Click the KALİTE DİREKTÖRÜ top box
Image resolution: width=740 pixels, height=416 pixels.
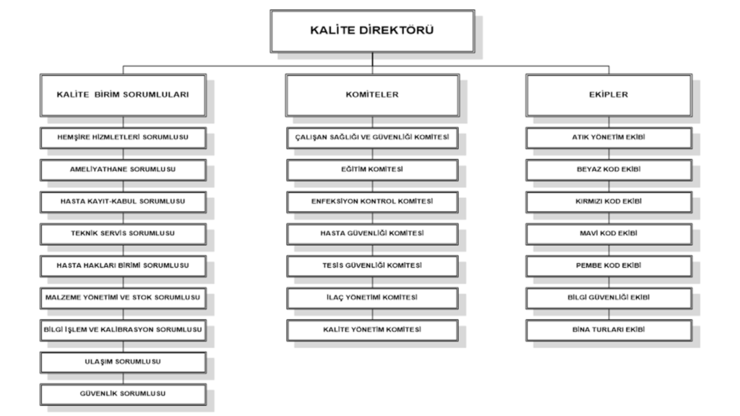click(x=372, y=31)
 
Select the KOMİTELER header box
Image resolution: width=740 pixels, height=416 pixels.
click(x=372, y=95)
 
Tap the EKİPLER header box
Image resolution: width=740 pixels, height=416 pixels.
click(x=608, y=95)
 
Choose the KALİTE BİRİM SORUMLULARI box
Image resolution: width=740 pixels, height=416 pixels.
click(x=123, y=95)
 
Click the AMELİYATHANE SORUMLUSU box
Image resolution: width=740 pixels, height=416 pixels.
click(x=123, y=170)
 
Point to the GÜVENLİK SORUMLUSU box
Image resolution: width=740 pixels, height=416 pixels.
click(x=123, y=394)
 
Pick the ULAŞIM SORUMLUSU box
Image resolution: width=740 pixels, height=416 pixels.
click(x=123, y=363)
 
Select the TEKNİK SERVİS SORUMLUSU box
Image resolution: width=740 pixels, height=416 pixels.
click(x=123, y=234)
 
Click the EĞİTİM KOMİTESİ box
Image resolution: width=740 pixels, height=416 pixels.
click(x=372, y=170)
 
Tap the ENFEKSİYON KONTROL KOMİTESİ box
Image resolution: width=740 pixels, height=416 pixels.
click(x=372, y=202)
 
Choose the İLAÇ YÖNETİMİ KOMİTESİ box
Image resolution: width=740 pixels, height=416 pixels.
click(x=372, y=298)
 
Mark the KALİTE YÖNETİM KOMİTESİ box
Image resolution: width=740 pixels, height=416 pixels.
click(x=372, y=330)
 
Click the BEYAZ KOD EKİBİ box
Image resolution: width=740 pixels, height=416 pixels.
click(x=608, y=170)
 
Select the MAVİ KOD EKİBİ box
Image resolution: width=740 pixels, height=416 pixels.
click(x=608, y=234)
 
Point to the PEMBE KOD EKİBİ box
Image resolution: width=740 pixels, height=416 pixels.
click(x=608, y=266)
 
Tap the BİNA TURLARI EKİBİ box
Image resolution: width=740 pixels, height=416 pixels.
click(x=608, y=330)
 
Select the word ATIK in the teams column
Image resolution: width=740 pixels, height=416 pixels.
click(x=579, y=137)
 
